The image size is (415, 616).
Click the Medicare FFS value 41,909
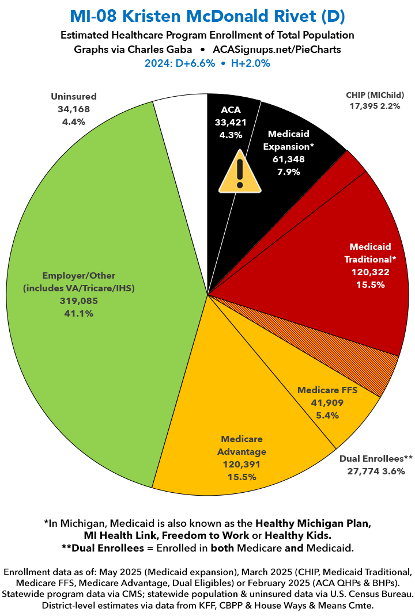(x=327, y=402)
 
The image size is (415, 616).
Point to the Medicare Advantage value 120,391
(x=242, y=464)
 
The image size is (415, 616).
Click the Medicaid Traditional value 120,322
(x=370, y=271)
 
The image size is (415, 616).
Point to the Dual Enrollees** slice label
(x=376, y=459)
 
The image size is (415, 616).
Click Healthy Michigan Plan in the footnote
(x=312, y=523)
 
